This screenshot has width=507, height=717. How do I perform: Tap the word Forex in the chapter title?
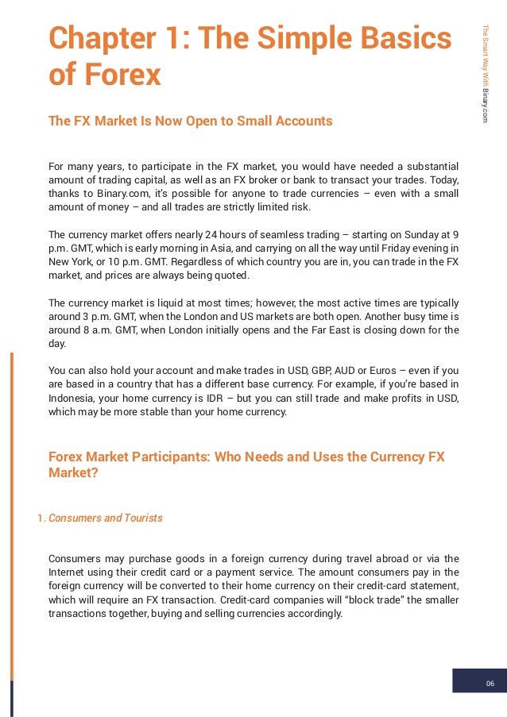[120, 75]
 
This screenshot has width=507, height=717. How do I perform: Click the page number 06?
[490, 684]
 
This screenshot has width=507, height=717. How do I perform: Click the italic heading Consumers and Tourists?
[105, 518]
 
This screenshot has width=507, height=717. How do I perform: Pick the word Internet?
[68, 572]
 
